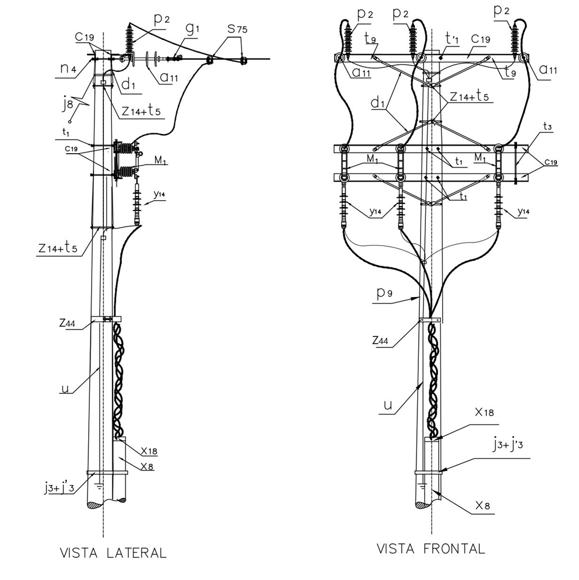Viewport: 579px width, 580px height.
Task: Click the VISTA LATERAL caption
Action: pos(113,553)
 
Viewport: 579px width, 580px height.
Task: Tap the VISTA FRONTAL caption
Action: pos(431,549)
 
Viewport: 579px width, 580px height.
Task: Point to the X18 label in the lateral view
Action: pos(149,450)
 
